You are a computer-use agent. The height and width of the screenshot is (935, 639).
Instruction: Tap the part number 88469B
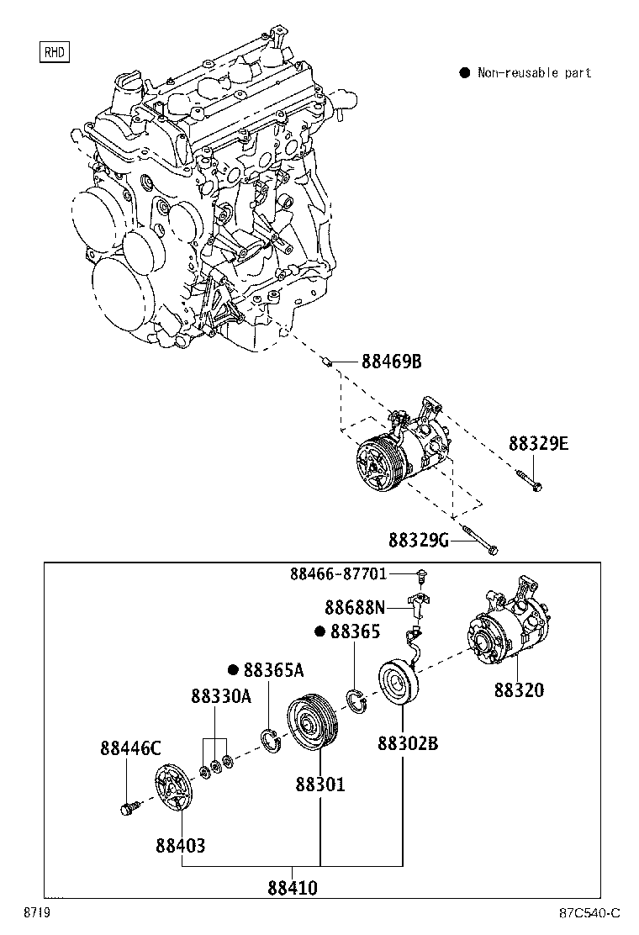(x=391, y=362)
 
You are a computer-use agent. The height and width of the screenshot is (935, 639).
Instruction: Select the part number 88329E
(x=538, y=443)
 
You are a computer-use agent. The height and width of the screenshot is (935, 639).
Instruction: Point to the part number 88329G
(x=418, y=539)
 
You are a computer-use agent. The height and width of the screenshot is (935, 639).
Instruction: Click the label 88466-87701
(x=339, y=574)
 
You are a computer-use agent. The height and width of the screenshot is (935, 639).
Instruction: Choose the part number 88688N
(x=355, y=606)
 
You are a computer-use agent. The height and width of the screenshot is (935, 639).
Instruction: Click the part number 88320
(x=519, y=690)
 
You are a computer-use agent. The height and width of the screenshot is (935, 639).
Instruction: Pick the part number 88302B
(x=408, y=744)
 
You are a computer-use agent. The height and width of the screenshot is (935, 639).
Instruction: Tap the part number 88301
(x=320, y=784)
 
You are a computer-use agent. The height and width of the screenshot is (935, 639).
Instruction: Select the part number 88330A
(x=220, y=696)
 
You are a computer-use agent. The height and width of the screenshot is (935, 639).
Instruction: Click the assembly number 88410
(x=293, y=887)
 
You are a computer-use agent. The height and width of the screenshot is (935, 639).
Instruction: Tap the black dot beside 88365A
(x=234, y=669)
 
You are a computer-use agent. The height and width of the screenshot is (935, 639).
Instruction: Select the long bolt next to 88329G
(x=478, y=541)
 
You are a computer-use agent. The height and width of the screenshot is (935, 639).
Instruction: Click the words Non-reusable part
(x=534, y=73)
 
